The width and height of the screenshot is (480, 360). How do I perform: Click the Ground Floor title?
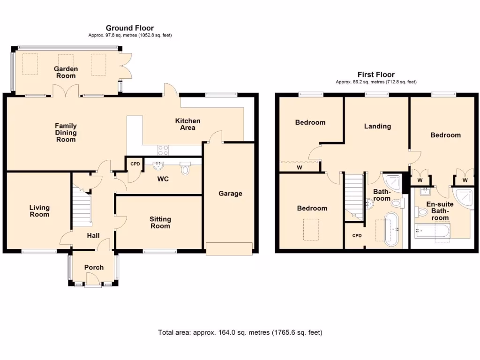[129, 28]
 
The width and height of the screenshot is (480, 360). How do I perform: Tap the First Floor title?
[375, 75]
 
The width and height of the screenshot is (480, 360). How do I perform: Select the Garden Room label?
[66, 72]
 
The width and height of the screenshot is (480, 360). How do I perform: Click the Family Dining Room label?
[66, 133]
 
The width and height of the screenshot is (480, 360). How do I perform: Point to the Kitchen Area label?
[187, 124]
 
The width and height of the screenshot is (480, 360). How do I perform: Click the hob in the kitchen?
[164, 150]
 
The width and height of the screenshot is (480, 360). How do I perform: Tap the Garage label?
[230, 193]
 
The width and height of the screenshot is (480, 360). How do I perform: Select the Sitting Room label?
[160, 223]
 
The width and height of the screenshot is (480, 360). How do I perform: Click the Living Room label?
[39, 211]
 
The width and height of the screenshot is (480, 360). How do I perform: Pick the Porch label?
[94, 267]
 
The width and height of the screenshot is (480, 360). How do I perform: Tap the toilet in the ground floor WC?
[186, 169]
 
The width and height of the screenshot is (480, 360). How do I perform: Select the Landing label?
[377, 126]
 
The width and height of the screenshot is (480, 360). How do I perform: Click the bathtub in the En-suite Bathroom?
[433, 231]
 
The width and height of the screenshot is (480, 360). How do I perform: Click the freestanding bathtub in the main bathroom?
[392, 229]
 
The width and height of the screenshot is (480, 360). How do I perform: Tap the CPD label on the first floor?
[357, 235]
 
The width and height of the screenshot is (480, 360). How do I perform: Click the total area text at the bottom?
[240, 333]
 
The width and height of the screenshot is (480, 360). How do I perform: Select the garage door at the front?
[230, 248]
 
